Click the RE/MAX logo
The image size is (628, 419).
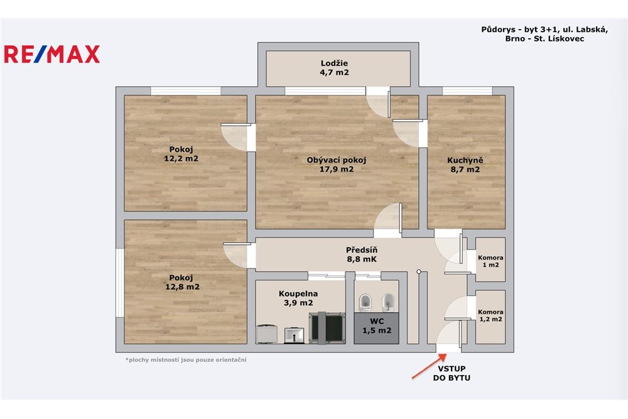(52, 55)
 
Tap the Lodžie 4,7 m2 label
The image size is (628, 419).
(335, 68)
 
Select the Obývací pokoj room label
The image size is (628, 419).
(337, 164)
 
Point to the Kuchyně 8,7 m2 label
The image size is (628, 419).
(465, 164)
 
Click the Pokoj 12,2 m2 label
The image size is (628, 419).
(181, 154)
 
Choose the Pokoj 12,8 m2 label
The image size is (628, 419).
(182, 282)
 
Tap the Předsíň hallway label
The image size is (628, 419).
(362, 254)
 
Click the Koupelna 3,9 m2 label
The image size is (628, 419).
(298, 298)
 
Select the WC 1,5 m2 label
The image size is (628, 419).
(377, 325)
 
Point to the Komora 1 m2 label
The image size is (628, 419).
(490, 261)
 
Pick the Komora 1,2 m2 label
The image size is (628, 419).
(490, 315)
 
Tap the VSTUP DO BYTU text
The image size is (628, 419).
(452, 373)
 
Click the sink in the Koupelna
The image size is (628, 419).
(295, 335)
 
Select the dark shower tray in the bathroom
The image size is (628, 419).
(327, 327)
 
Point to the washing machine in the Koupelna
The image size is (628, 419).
(266, 334)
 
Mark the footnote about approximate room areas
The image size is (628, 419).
(186, 360)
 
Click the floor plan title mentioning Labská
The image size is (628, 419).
(544, 34)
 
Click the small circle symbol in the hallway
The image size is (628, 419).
(418, 271)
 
